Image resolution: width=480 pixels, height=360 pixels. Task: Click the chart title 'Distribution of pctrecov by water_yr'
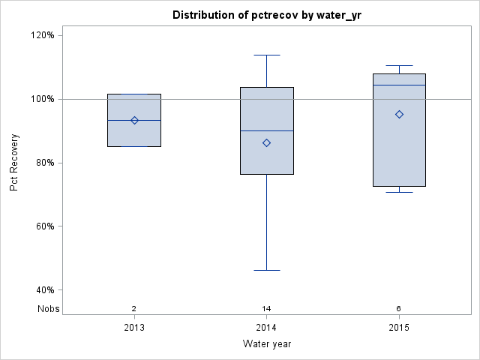click(x=266, y=15)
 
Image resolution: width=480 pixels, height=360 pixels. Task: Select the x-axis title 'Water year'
click(x=266, y=344)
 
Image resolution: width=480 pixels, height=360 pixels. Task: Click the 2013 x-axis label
click(x=134, y=328)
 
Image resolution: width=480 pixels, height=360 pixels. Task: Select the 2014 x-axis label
click(x=266, y=328)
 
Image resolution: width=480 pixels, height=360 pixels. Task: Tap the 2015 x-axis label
click(x=399, y=328)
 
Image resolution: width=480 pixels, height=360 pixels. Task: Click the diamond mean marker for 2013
click(x=134, y=120)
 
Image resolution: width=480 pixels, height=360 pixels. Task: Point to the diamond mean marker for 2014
click(x=266, y=142)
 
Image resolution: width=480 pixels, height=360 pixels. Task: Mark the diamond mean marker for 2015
click(x=399, y=114)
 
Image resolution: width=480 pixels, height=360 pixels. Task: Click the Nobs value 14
click(x=266, y=309)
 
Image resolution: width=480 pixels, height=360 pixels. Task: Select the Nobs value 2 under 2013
click(x=134, y=309)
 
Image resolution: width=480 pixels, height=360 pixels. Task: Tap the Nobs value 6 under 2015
click(x=399, y=309)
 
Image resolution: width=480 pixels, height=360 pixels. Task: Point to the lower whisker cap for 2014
click(x=266, y=270)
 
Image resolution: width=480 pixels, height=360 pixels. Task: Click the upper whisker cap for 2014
click(x=266, y=55)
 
